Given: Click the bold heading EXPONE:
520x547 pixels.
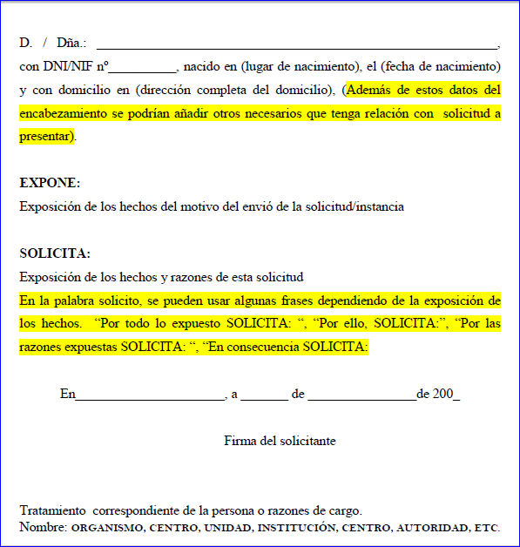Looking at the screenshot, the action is (x=49, y=183).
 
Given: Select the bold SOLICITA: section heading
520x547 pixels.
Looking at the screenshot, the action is (x=54, y=253).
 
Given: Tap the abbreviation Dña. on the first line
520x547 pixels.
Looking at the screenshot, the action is (x=71, y=42).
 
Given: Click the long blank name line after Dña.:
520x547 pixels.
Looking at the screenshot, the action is (x=296, y=44).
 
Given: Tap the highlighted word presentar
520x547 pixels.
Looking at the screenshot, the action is (x=46, y=137).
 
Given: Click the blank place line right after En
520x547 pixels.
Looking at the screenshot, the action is (x=151, y=395).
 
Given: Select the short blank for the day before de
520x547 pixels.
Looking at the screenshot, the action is (x=264, y=395).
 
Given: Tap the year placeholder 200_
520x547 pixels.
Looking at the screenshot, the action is (x=446, y=394).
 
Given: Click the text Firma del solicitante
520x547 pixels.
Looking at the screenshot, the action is (x=280, y=441).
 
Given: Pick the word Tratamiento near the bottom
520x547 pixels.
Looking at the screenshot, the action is (x=52, y=510).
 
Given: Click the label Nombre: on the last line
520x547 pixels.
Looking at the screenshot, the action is (x=43, y=528).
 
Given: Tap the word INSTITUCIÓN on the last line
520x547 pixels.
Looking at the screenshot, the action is (x=293, y=528).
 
